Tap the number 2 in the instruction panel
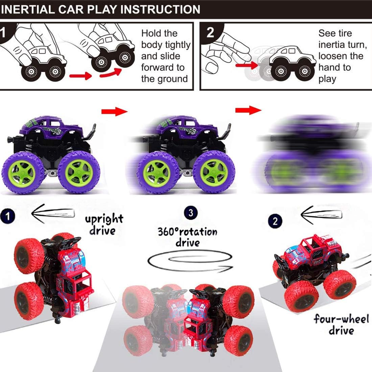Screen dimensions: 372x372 click(210, 32)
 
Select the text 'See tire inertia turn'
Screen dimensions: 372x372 click(342, 39)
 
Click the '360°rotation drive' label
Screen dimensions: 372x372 click(187, 237)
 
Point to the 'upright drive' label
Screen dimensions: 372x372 click(103, 225)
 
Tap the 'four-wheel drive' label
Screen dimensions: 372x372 click(341, 324)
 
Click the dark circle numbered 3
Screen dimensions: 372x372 click(191, 213)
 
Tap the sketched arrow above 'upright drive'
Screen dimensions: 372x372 click(52, 214)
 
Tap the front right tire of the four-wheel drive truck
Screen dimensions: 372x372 click(339, 283)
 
